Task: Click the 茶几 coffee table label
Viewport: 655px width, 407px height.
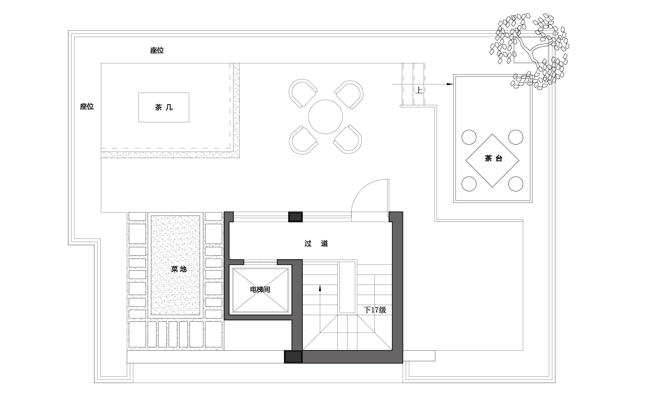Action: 163,107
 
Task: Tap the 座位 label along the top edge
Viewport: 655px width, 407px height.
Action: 157,50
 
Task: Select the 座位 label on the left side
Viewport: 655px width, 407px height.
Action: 87,106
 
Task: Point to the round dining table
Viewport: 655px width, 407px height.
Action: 325,117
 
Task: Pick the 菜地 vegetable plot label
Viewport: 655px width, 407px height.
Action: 179,269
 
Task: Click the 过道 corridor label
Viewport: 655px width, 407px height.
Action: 316,244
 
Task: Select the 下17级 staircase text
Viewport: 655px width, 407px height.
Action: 375,310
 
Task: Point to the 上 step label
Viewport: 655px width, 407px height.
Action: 419,90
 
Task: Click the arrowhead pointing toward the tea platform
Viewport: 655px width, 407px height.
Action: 450,84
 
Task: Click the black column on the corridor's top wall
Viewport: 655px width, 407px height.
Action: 295,217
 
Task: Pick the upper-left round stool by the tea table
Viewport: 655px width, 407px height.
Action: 469,137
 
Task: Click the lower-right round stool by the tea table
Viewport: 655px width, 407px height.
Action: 516,184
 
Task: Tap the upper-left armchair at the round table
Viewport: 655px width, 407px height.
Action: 302,93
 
